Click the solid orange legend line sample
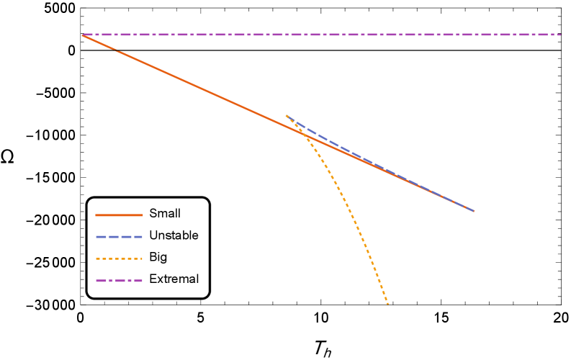tap(119, 215)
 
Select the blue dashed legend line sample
tap(119, 237)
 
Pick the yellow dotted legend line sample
tap(119, 258)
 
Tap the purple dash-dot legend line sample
tap(119, 281)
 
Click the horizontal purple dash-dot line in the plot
tap(324, 35)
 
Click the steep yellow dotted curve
tap(353, 216)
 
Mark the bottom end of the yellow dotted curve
tap(387, 303)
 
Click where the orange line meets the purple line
tap(84, 35)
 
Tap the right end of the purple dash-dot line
tap(559, 35)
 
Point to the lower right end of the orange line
tap(473, 210)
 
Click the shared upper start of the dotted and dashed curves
tap(287, 115)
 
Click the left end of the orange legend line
tap(96, 215)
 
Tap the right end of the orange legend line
tap(142, 215)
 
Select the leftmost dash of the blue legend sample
tap(101, 237)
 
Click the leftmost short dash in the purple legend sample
tap(110, 281)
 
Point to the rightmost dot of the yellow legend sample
tap(140, 258)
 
